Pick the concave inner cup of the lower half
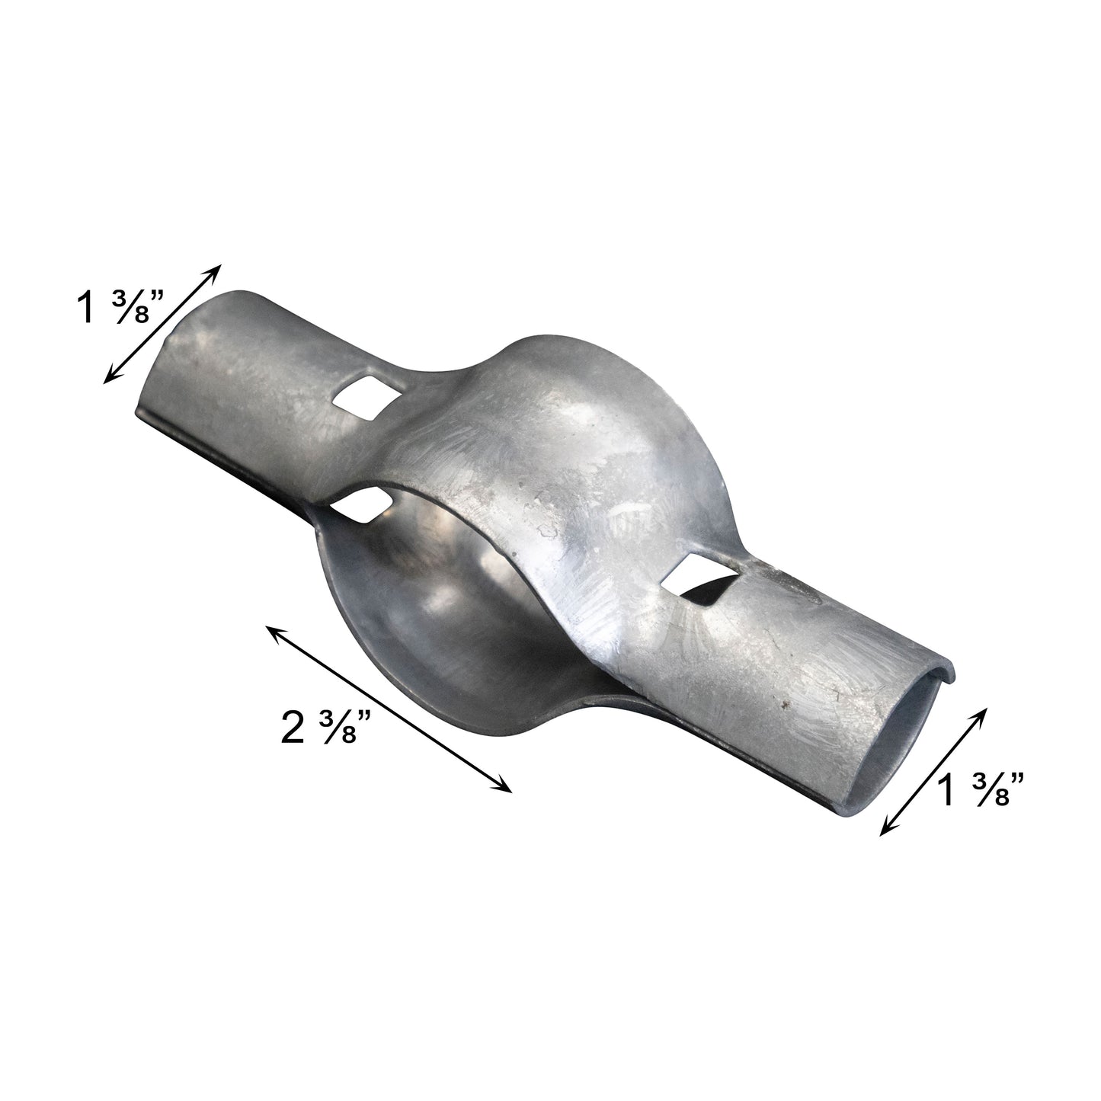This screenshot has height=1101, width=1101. click(427, 602)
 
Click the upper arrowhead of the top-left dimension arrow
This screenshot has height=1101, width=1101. click(218, 268)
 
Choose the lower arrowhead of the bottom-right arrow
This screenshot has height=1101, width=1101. click(884, 833)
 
